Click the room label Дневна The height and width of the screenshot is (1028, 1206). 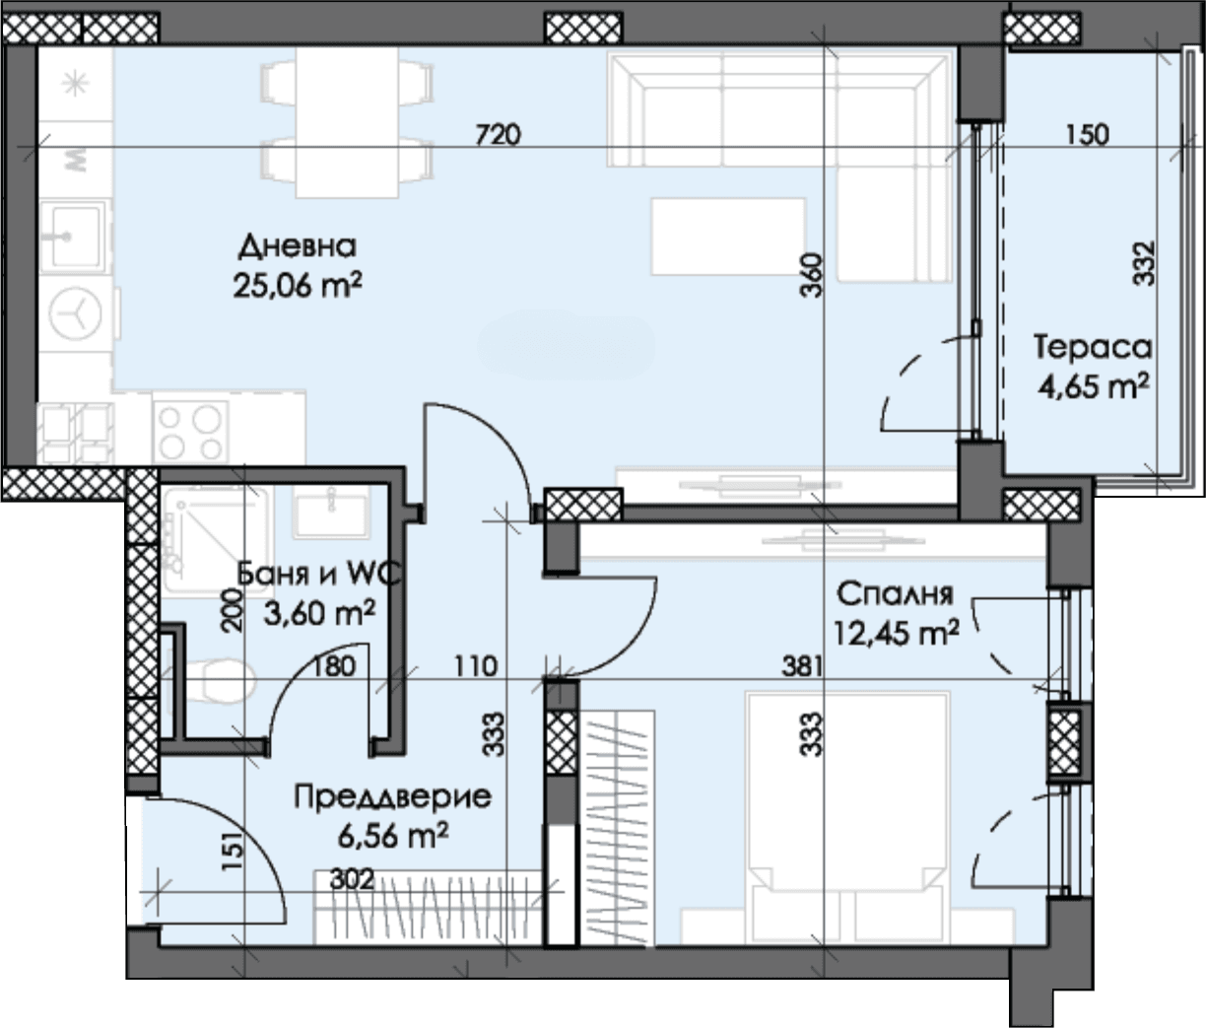298,247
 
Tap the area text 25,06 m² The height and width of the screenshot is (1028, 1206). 298,286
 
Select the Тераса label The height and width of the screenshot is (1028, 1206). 1093,348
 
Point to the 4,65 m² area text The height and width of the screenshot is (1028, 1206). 1094,385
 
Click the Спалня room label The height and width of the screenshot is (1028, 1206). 895,594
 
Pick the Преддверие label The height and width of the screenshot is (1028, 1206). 392,797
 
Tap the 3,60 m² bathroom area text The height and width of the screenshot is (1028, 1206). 319,613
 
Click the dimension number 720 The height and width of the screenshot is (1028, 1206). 498,135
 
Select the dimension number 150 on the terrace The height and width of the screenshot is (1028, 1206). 1088,135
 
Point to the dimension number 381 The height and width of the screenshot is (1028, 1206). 802,666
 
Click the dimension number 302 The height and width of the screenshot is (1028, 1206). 351,879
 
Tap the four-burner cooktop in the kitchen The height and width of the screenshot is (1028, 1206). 191,433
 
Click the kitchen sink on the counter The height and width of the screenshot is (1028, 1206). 75,237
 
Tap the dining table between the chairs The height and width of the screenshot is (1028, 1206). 348,123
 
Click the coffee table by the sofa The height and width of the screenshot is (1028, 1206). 727,237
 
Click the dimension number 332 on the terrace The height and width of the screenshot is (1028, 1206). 1144,263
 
